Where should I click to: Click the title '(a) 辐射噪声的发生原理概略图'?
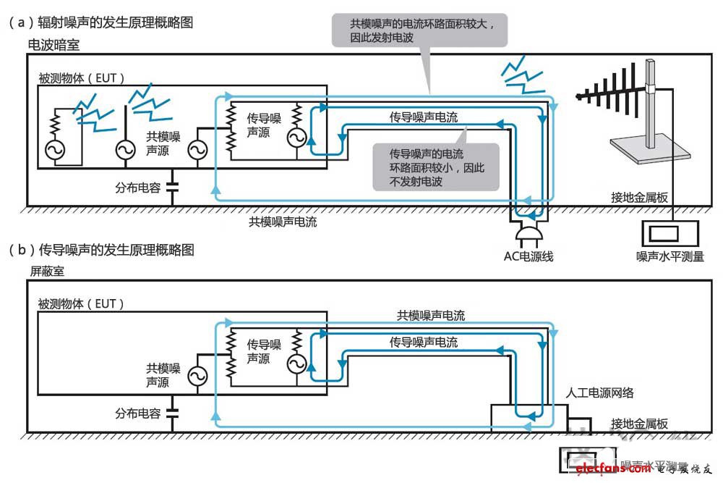(101, 23)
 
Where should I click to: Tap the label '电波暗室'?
(54, 45)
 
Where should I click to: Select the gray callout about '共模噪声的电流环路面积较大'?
(418, 30)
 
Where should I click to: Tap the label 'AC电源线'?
(529, 256)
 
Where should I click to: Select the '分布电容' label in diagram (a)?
(137, 187)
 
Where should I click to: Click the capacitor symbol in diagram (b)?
(171, 413)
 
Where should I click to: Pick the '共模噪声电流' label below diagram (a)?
(283, 222)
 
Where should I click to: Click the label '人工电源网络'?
(600, 392)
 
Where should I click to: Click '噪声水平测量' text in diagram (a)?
(669, 256)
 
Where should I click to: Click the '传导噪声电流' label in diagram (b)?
(424, 342)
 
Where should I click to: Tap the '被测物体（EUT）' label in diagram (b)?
(81, 303)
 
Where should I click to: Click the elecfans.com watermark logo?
(611, 469)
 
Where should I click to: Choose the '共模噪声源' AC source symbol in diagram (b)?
(197, 375)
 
